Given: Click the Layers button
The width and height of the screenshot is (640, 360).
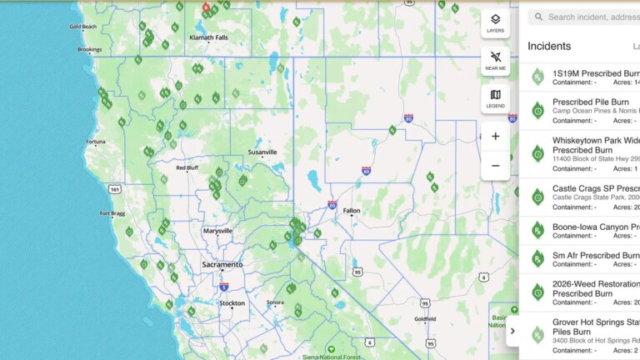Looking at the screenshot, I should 495,23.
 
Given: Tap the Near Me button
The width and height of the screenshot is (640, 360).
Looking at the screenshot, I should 495,61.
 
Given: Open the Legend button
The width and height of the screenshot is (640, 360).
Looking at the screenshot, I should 495,98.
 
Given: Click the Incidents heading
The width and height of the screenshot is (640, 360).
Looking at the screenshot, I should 549,47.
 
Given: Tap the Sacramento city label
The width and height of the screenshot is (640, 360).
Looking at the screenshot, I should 222,265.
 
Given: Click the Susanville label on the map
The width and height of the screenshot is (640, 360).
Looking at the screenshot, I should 262,152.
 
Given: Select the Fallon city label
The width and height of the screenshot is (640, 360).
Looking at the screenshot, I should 352,211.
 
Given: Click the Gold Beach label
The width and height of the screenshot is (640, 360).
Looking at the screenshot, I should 82,27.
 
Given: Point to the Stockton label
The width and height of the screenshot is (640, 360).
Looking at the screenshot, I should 232,303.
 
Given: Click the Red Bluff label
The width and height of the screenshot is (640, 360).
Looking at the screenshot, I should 187,167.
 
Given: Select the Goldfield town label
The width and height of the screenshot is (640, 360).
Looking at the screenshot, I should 424,318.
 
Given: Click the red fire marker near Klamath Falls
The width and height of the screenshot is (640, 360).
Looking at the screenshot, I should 207,7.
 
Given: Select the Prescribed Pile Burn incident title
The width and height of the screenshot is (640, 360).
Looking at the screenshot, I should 591,102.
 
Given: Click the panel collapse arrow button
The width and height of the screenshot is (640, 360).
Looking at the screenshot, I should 512,331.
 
